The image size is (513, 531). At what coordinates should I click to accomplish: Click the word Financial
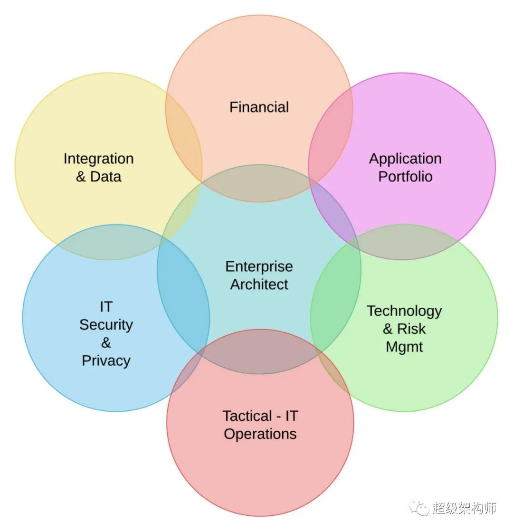click(x=259, y=107)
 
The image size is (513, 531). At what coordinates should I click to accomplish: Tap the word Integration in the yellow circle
click(x=98, y=159)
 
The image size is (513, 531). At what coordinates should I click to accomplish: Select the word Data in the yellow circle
click(x=105, y=177)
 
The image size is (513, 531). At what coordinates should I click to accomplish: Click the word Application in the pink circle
click(x=405, y=159)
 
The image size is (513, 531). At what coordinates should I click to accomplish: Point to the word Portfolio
click(x=405, y=177)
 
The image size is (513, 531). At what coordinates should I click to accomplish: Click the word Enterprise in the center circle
click(x=259, y=266)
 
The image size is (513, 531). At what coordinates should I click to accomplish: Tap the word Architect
click(x=259, y=284)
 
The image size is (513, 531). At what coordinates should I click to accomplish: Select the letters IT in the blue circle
click(x=106, y=307)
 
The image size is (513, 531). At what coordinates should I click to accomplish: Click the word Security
click(x=106, y=325)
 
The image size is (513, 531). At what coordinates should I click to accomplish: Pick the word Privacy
click(x=106, y=360)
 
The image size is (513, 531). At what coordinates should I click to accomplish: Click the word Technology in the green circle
click(x=404, y=311)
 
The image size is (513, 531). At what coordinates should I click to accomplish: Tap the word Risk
click(x=411, y=329)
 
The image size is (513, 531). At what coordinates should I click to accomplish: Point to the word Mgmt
click(x=404, y=347)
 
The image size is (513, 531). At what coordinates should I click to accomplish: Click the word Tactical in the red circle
click(x=247, y=416)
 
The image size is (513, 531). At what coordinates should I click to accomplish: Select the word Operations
click(x=260, y=434)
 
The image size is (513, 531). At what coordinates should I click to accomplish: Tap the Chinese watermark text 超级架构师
click(x=464, y=508)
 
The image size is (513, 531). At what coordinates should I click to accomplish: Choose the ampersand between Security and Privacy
click(x=106, y=342)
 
